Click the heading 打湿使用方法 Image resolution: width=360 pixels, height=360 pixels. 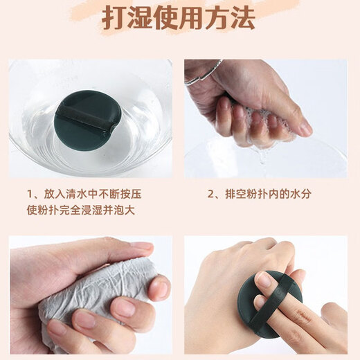coord(179,19)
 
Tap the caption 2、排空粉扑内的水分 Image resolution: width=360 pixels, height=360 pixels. coord(260,194)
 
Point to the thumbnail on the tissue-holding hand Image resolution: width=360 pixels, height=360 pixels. coord(141,246)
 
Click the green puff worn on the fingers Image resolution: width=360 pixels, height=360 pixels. coord(267,305)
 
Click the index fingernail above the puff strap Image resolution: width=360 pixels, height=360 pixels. coord(265,280)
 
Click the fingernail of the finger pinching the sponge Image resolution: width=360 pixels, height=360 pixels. coord(305,128)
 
